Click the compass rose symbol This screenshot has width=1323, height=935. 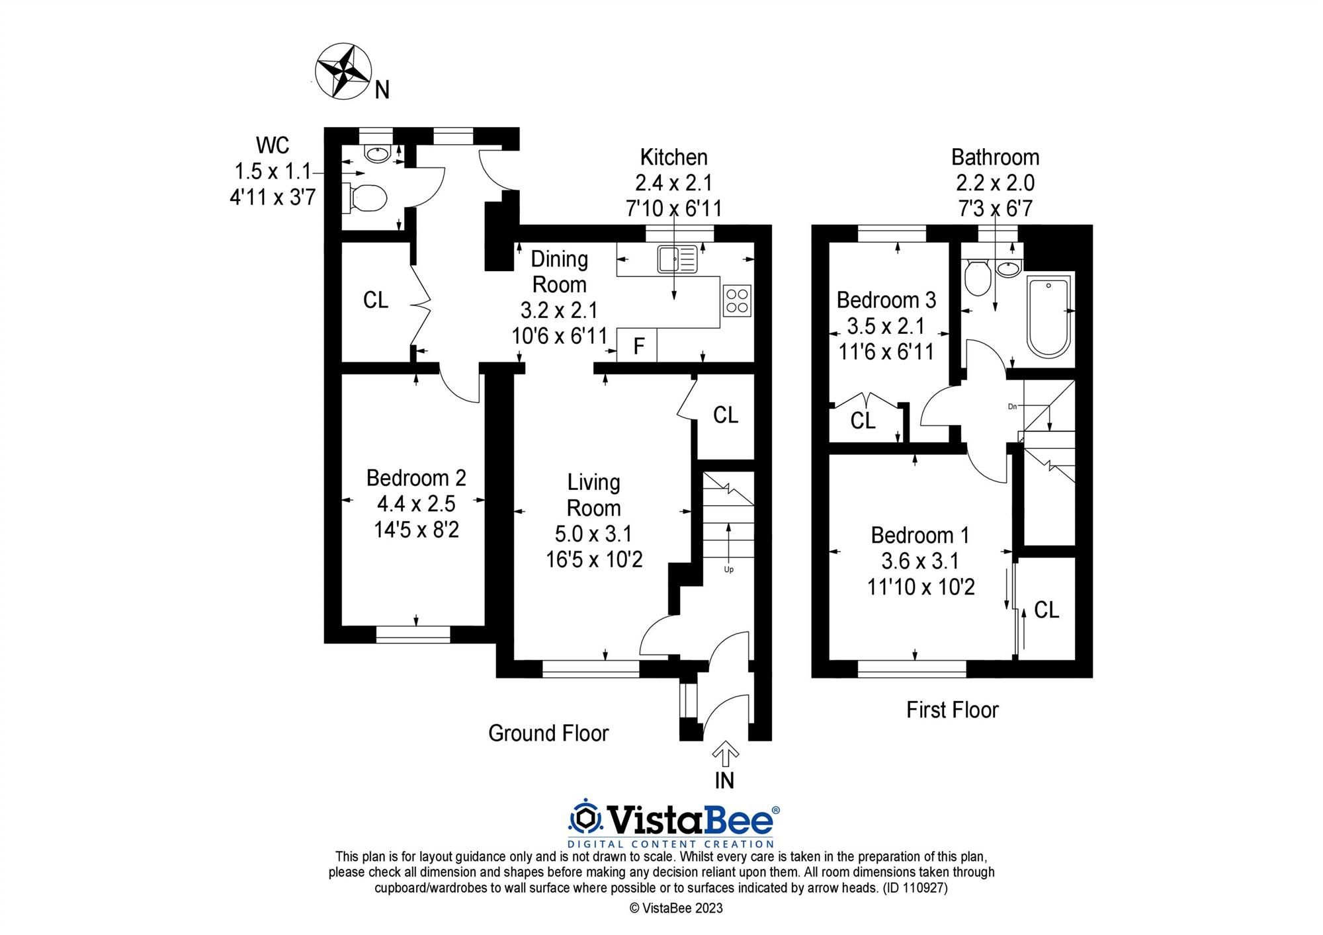click(x=343, y=71)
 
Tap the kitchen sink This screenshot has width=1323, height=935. click(x=676, y=259)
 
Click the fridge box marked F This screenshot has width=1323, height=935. click(x=638, y=346)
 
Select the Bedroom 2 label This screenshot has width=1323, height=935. click(x=416, y=477)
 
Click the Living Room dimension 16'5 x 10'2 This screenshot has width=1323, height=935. click(x=594, y=560)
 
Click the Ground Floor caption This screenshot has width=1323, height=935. click(x=548, y=733)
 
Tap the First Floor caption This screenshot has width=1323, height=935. click(x=952, y=710)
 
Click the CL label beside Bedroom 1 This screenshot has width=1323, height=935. click(x=1046, y=610)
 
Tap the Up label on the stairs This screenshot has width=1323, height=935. click(x=729, y=569)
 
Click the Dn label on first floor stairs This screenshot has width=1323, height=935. click(x=1012, y=407)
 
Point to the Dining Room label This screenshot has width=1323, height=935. click(x=560, y=272)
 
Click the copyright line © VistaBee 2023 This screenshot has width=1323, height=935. click(x=675, y=909)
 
